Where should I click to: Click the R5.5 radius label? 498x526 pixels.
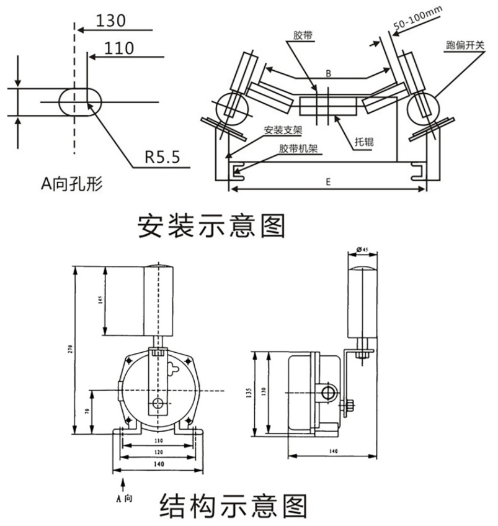tap(162, 156)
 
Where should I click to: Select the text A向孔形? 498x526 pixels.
tap(71, 183)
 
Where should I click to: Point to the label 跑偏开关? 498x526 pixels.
tap(462, 46)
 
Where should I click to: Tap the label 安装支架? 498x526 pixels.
tap(282, 130)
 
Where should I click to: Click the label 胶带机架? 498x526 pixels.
tap(295, 149)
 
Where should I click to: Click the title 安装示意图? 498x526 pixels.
tap(211, 226)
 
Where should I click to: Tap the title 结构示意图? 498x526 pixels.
tap(233, 506)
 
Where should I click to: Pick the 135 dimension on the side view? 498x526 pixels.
tap(249, 392)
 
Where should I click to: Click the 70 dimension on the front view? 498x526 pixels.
tap(87, 412)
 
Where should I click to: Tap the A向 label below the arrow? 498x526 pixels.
tap(125, 497)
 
